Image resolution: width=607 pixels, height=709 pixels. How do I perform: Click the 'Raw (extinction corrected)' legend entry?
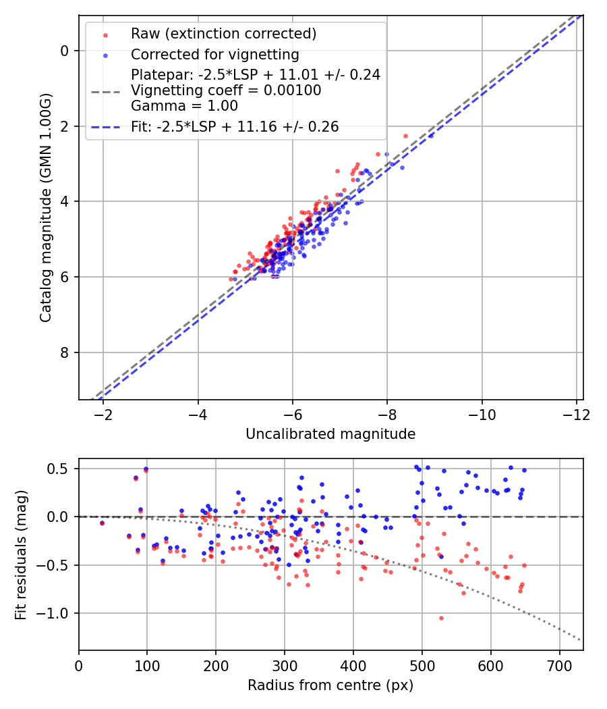coord(223,34)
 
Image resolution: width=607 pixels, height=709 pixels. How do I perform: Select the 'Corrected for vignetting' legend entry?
coord(214,54)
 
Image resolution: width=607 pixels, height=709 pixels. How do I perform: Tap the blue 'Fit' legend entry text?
coord(235,126)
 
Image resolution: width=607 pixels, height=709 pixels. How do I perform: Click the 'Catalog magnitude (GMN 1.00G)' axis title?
coord(46,207)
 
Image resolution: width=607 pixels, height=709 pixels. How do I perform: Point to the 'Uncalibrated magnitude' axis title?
coord(330,434)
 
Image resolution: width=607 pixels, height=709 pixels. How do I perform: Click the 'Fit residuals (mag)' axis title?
coord(21,555)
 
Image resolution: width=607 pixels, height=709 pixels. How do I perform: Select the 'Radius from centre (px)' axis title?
coord(330,685)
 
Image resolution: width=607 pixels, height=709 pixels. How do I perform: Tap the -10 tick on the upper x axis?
coord(482,413)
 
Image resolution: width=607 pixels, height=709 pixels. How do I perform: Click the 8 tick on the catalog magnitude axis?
coord(65,352)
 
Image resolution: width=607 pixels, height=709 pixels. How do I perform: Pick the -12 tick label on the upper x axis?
coord(576,413)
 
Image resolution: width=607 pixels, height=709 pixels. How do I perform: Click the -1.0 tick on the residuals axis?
coord(58,613)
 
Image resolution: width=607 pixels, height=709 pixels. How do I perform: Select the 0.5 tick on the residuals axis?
coord(62,469)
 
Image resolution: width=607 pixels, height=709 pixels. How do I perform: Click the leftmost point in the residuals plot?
coord(102,523)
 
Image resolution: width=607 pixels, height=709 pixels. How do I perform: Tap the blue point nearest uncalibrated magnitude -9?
coord(431,135)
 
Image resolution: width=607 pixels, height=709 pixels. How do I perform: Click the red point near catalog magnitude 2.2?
coord(405,136)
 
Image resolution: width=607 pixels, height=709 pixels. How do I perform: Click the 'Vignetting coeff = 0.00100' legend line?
coord(226,90)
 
